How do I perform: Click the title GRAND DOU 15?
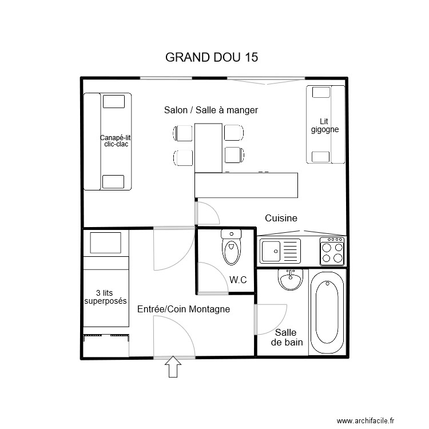pyautogui.click(x=211, y=58)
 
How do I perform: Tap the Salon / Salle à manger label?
pyautogui.click(x=210, y=110)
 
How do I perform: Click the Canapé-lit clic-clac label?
pyautogui.click(x=116, y=141)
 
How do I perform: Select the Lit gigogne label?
pyautogui.click(x=325, y=125)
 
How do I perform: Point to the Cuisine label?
pyautogui.click(x=281, y=218)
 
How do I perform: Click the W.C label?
pyautogui.click(x=238, y=280)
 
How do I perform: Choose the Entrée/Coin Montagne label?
pyautogui.click(x=184, y=309)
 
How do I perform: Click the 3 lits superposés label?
pyautogui.click(x=105, y=296)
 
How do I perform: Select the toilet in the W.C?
pyautogui.click(x=231, y=249)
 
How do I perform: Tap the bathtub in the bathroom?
pyautogui.click(x=327, y=312)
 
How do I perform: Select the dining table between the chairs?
pyautogui.click(x=208, y=147)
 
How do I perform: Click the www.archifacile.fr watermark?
pyautogui.click(x=366, y=421)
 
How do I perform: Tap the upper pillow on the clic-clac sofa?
pyautogui.click(x=113, y=101)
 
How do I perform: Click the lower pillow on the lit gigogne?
pyautogui.click(x=320, y=156)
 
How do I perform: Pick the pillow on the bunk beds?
pyautogui.click(x=106, y=244)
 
